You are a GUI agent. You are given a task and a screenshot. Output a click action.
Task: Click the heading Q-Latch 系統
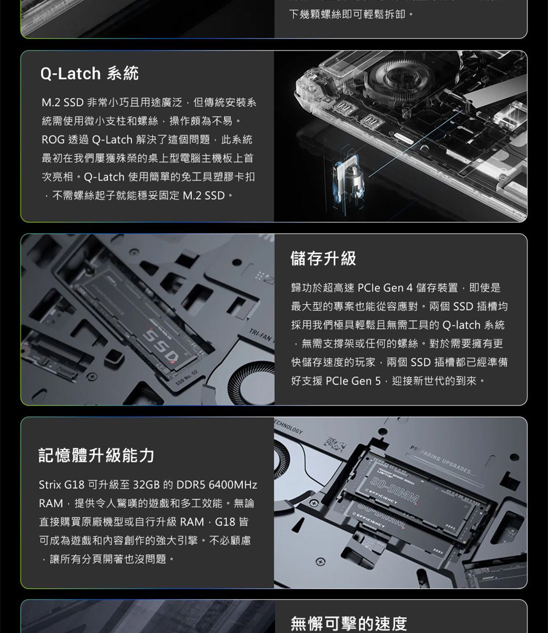tap(90, 73)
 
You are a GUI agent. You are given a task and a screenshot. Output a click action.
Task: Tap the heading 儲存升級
tap(323, 258)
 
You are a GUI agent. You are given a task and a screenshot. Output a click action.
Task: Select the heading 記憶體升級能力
tap(96, 455)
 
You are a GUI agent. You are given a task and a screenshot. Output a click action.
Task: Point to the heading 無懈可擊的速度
tap(349, 624)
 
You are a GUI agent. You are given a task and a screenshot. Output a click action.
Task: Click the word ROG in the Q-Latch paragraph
tap(53, 140)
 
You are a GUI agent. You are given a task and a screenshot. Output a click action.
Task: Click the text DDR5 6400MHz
tap(217, 484)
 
